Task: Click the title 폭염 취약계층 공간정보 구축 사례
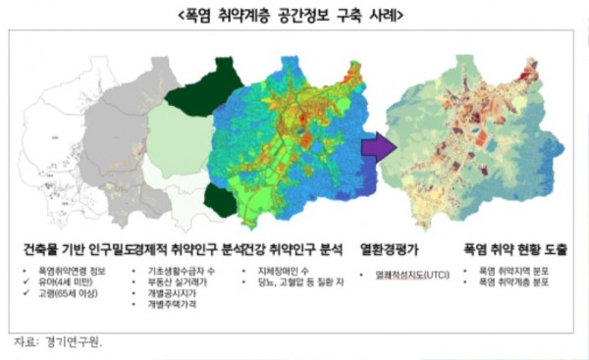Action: [294, 17]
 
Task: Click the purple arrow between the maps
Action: [375, 148]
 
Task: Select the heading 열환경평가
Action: [392, 249]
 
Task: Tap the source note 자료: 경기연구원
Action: [59, 342]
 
